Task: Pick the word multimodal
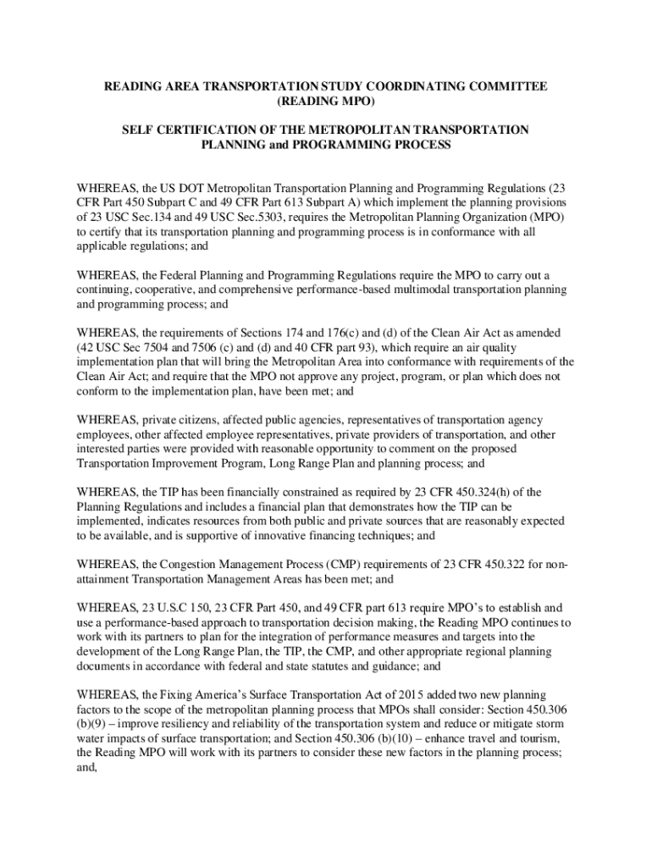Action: [403, 290]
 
